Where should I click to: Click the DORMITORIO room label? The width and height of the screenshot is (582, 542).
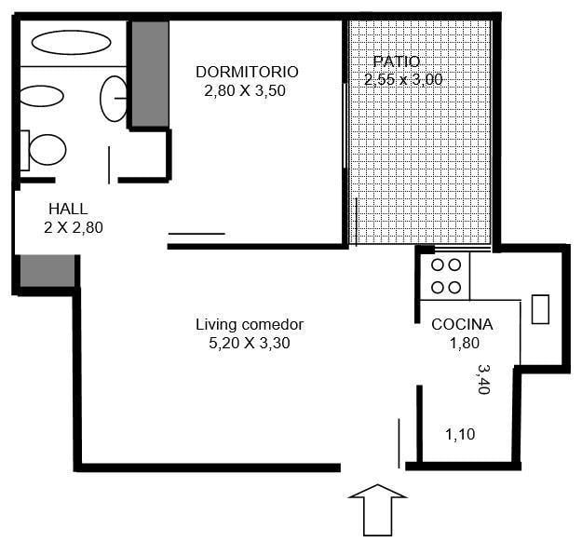(x=247, y=72)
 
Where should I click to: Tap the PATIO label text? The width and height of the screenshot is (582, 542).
(x=397, y=61)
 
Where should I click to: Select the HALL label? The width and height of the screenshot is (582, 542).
(x=68, y=209)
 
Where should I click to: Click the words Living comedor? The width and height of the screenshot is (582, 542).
(x=250, y=324)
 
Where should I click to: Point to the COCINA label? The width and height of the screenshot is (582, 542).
(x=462, y=324)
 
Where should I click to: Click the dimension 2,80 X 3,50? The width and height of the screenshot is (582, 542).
(x=245, y=90)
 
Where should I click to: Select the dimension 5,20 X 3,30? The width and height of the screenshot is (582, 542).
(x=250, y=343)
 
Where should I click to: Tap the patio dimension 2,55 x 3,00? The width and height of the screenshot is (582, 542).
(x=403, y=79)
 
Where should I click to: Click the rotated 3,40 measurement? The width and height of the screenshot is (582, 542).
(x=484, y=379)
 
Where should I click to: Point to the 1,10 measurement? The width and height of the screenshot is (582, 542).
(x=460, y=434)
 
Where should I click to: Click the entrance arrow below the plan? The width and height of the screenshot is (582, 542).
(x=377, y=509)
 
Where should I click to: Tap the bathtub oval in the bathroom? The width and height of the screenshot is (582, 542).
(x=72, y=42)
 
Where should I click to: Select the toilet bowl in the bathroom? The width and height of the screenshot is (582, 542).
(x=47, y=150)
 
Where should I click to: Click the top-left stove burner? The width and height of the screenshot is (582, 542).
(x=438, y=265)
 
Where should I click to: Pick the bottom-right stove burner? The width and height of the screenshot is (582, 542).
(x=454, y=288)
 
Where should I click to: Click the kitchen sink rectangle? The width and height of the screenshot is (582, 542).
(x=540, y=309)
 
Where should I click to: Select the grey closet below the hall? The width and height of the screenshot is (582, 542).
(x=47, y=271)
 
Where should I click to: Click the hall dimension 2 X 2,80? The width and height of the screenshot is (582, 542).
(x=74, y=227)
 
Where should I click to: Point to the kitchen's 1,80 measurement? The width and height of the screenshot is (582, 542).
(x=465, y=343)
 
